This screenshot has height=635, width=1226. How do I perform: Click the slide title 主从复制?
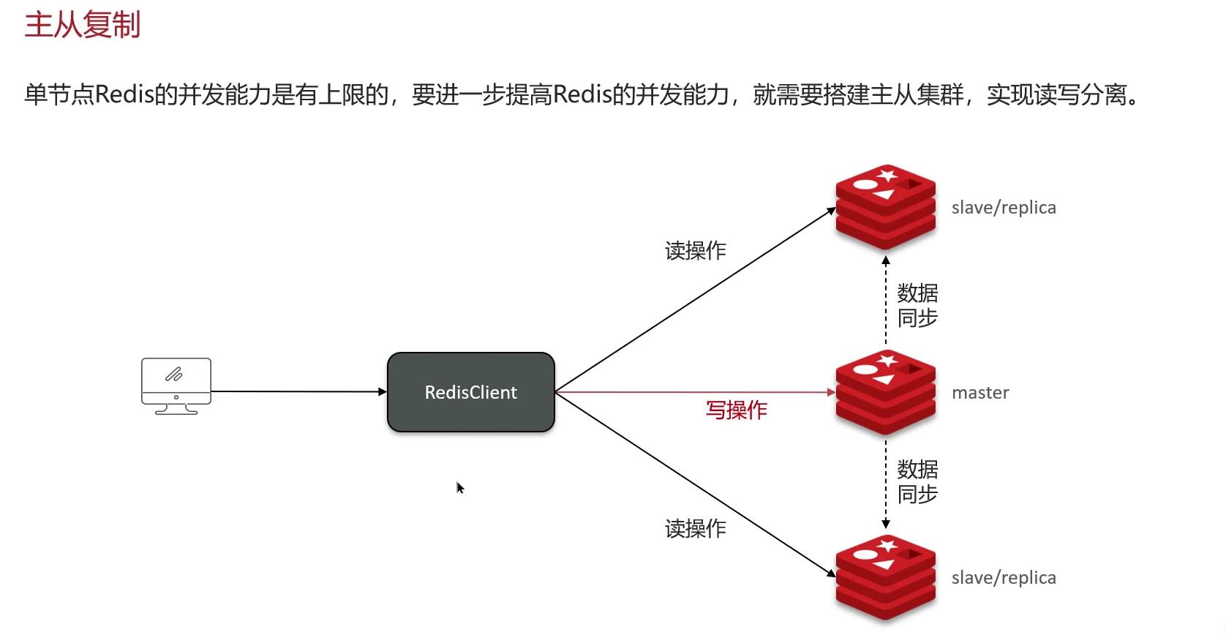83,25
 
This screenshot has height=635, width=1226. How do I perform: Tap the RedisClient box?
470,392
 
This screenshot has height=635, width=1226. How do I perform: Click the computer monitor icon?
176,386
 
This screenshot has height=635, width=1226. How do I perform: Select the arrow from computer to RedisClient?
299,391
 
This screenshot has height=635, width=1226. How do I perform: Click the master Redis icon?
886,392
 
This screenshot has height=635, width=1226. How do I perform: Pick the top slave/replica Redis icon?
886,207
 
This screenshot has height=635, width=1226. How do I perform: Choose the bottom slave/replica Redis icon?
886,577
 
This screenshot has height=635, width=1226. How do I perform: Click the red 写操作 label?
736,410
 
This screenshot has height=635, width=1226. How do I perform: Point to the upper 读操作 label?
696,251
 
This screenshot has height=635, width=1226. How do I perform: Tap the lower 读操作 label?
696,529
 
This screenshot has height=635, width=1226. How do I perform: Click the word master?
980,393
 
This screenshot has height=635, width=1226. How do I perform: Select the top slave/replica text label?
1004,208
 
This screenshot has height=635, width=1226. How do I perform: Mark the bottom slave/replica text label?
1004,577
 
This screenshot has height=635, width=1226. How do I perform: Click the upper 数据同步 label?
917,306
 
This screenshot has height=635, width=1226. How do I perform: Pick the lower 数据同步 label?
917,481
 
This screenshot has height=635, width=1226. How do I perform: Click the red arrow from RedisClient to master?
695,392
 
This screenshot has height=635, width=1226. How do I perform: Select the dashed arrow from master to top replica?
886,301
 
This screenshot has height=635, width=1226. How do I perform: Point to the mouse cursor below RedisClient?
459,487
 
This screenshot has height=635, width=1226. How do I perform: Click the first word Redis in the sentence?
124,94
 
